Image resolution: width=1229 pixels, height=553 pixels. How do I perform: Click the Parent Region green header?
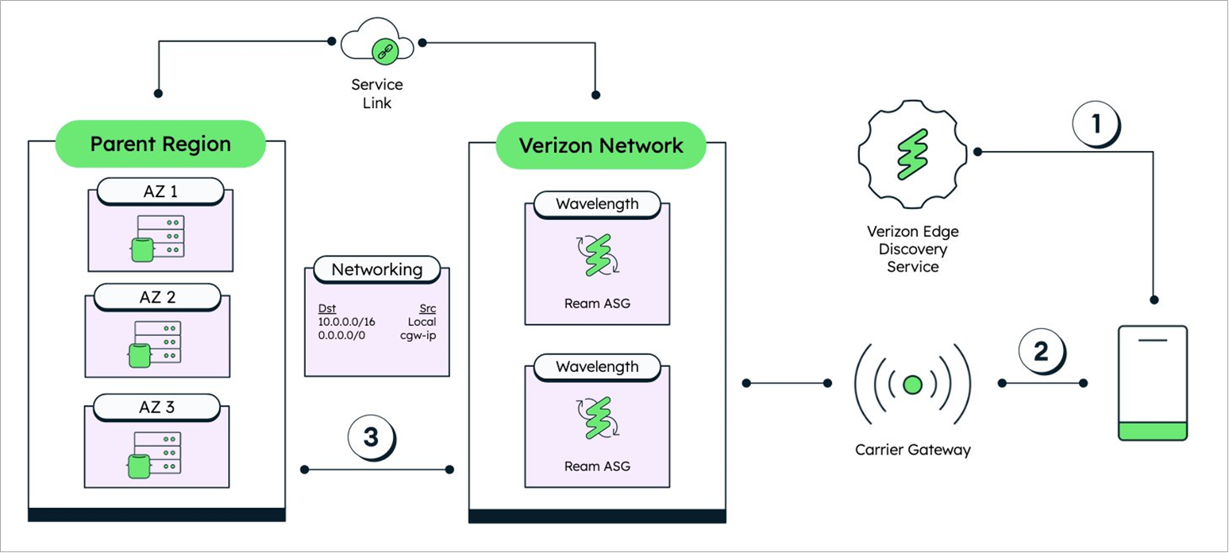pyautogui.click(x=160, y=144)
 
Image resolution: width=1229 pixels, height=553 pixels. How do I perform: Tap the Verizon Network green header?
pyautogui.click(x=600, y=145)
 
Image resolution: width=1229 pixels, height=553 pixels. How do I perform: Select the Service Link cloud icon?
pyautogui.click(x=377, y=46)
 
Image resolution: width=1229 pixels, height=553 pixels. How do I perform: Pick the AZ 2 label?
pyautogui.click(x=157, y=298)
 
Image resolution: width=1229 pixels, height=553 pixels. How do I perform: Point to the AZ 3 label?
pyautogui.click(x=157, y=408)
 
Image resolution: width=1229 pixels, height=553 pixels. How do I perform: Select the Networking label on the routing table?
pyautogui.click(x=376, y=269)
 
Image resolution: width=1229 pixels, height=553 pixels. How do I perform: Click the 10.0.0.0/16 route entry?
pyautogui.click(x=346, y=322)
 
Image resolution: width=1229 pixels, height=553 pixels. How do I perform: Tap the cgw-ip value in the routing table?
pyautogui.click(x=418, y=335)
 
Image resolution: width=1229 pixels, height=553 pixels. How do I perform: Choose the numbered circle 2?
pyautogui.click(x=1040, y=350)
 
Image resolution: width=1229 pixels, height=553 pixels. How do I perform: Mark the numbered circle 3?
pyautogui.click(x=371, y=437)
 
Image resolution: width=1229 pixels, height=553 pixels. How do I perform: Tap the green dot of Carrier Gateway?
pyautogui.click(x=912, y=385)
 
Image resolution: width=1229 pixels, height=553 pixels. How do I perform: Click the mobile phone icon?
pyautogui.click(x=1152, y=382)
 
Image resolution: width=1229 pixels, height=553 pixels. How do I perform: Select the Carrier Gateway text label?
pyautogui.click(x=912, y=450)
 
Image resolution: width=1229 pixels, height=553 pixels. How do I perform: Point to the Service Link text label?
pyautogui.click(x=376, y=94)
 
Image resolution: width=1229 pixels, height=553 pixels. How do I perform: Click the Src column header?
pyautogui.click(x=427, y=308)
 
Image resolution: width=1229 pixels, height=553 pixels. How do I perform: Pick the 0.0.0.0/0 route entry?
pyautogui.click(x=342, y=335)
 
